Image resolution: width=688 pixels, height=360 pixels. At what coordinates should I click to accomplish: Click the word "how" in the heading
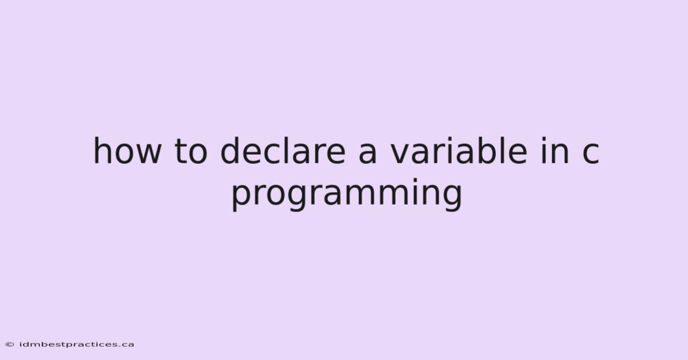(127, 151)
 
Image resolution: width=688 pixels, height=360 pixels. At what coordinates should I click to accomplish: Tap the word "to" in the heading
(191, 151)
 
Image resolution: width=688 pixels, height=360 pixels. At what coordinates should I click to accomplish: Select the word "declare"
(283, 151)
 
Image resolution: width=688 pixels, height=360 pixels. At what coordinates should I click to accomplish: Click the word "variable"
(459, 151)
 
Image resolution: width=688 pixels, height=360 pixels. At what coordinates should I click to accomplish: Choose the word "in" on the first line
(555, 151)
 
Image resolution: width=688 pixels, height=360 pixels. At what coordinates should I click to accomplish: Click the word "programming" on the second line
(346, 194)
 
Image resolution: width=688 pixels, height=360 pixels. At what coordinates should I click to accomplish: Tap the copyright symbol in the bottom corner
(10, 345)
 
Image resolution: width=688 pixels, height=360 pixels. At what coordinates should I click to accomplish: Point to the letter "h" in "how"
(103, 151)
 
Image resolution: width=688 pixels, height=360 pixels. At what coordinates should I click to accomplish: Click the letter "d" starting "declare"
(231, 151)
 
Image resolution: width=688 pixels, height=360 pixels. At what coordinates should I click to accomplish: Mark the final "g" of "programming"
(452, 198)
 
